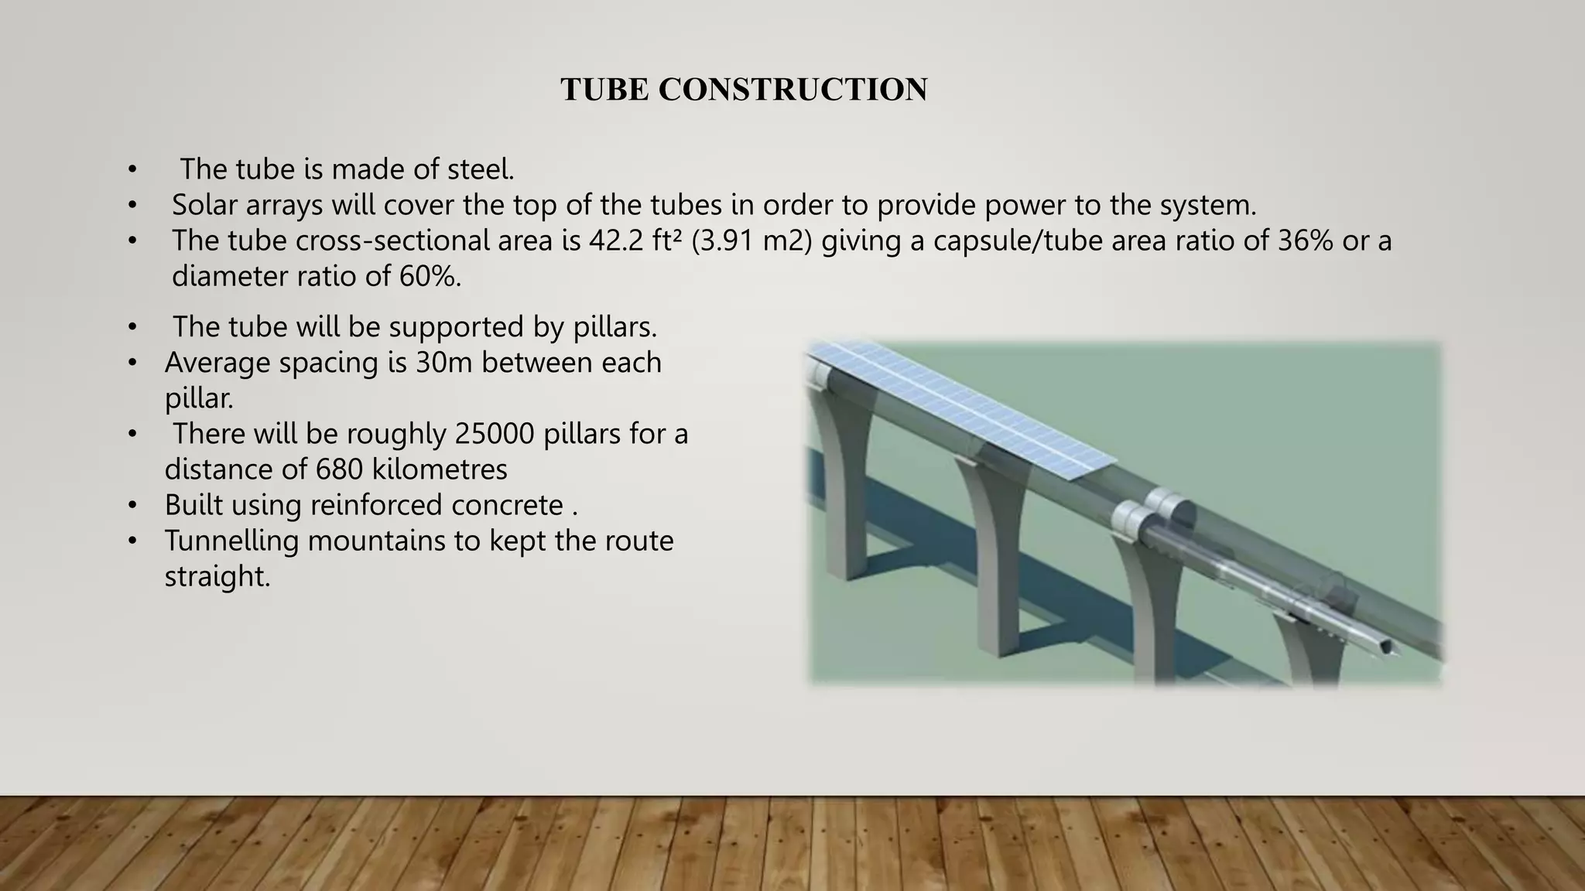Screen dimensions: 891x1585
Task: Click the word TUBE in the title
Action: pyautogui.click(x=604, y=90)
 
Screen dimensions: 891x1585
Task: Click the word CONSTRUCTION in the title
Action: pyautogui.click(x=792, y=90)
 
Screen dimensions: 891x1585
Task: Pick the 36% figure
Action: pyautogui.click(x=1305, y=241)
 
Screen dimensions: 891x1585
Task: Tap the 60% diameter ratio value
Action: pyautogui.click(x=430, y=276)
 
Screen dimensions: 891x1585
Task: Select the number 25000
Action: pyautogui.click(x=495, y=434)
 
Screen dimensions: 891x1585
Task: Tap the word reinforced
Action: pyautogui.click(x=376, y=505)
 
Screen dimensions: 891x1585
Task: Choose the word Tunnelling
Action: pyautogui.click(x=231, y=541)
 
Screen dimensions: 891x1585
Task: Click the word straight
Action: pyautogui.click(x=217, y=576)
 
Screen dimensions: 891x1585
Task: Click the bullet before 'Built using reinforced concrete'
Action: pyautogui.click(x=132, y=506)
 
